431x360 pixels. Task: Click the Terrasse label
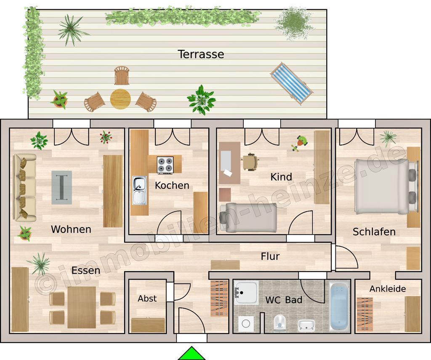click(x=201, y=54)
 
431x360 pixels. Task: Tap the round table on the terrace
click(x=120, y=99)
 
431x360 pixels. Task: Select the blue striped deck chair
click(x=292, y=83)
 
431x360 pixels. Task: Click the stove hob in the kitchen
click(x=165, y=165)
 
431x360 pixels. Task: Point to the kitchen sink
click(x=140, y=190)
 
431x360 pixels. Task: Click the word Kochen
click(x=172, y=185)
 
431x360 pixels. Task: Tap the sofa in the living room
click(x=25, y=188)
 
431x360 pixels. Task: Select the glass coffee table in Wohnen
click(x=62, y=187)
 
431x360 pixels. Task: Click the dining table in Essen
click(x=82, y=307)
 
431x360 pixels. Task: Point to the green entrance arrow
click(x=192, y=354)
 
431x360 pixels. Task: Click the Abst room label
click(x=147, y=298)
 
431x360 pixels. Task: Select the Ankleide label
click(x=388, y=289)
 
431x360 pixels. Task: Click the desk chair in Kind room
click(x=250, y=162)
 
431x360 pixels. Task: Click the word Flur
click(x=270, y=256)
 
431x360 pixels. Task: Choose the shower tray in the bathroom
click(x=246, y=292)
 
